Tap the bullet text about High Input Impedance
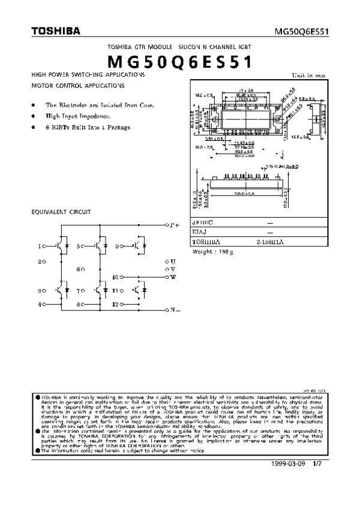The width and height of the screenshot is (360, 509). coord(77,116)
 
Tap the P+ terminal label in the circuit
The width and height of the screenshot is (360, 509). coord(174,225)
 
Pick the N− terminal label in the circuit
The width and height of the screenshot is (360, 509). coord(175,311)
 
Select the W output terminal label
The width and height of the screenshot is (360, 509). coord(173,278)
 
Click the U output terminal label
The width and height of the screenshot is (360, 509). coord(173,262)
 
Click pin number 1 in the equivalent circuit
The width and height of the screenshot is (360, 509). coord(40,246)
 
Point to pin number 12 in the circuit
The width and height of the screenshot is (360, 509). coord(115,305)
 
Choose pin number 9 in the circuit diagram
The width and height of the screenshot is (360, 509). coord(116,245)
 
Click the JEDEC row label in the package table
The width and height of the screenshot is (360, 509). coord(202,222)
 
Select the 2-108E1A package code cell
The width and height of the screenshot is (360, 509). coord(269,243)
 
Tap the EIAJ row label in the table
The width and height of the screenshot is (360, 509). coord(199,233)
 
